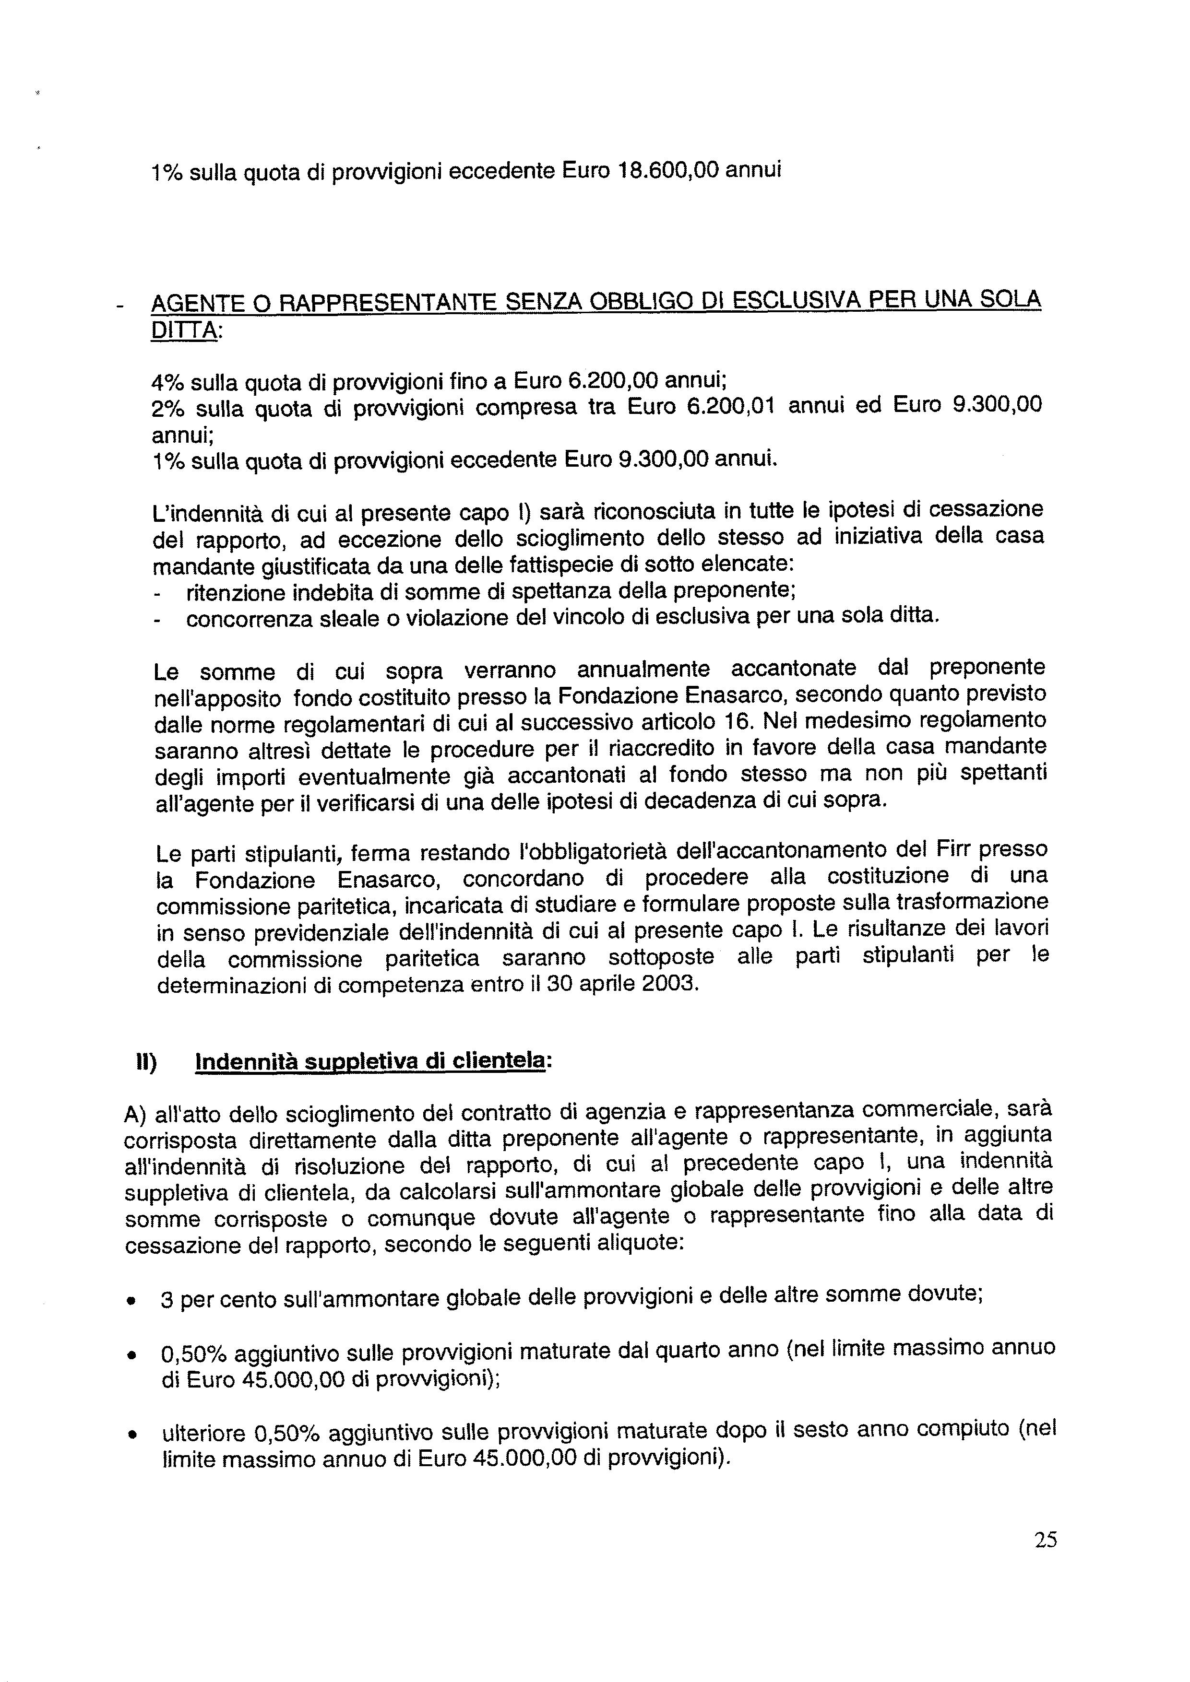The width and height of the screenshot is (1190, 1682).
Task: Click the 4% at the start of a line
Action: pyautogui.click(x=167, y=382)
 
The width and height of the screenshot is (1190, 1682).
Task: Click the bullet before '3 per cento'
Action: pyautogui.click(x=131, y=1302)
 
